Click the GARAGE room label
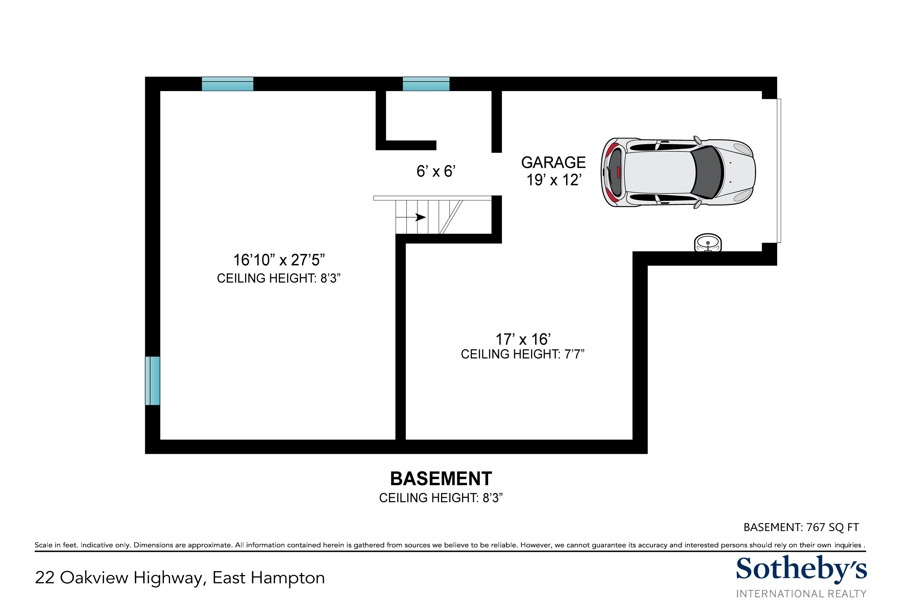[x=553, y=162]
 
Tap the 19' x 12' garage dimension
[x=554, y=180]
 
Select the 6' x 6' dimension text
[x=436, y=171]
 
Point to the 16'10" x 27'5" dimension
[x=279, y=260]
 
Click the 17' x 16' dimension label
[x=523, y=339]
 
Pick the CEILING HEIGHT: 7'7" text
[x=523, y=354]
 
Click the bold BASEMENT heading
[x=441, y=479]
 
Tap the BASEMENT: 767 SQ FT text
[x=801, y=527]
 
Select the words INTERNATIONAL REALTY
[x=801, y=593]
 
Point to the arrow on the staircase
[x=411, y=217]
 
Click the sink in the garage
[x=708, y=243]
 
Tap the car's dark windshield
[x=706, y=172]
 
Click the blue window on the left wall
[x=153, y=381]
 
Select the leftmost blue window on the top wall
[x=228, y=84]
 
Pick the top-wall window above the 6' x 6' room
[x=426, y=84]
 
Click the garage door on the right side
[x=779, y=171]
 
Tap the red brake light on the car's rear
[x=618, y=172]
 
